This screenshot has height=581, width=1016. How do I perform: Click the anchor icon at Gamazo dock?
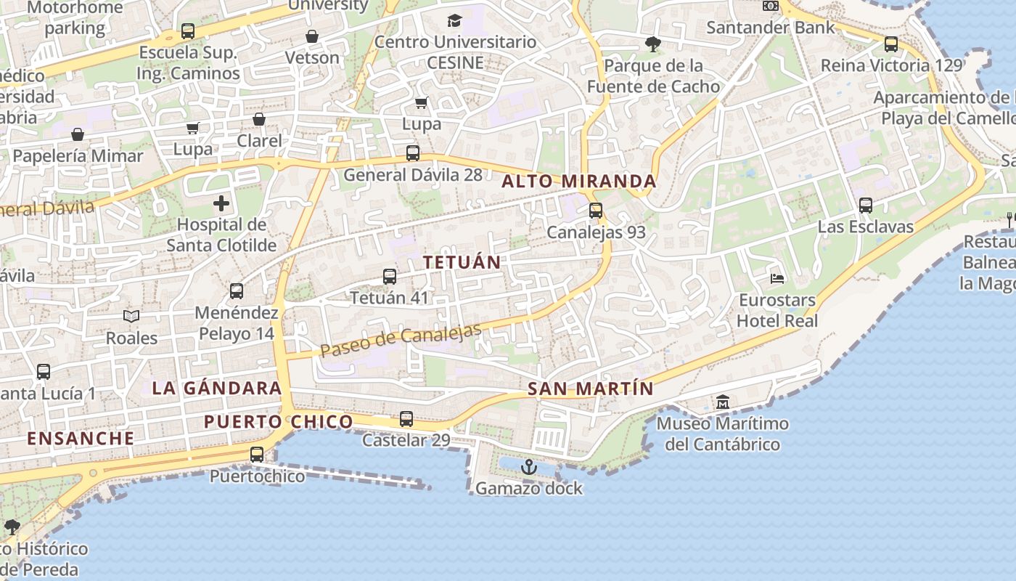click(528, 467)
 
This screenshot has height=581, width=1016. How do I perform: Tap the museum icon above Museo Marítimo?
click(723, 402)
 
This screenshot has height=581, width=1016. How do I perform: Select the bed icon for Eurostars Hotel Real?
click(777, 278)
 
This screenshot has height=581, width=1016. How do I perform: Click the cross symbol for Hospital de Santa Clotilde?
click(221, 203)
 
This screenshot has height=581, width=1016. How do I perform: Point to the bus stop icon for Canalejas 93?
click(596, 211)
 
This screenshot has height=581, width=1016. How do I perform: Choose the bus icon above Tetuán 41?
click(390, 277)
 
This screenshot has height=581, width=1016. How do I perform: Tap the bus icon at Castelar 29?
click(406, 419)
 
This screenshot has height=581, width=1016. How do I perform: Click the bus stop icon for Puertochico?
click(257, 455)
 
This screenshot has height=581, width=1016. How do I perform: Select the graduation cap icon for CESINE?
click(455, 20)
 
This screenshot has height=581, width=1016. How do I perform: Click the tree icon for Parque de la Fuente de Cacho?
click(653, 44)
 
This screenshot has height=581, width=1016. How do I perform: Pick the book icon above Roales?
click(131, 316)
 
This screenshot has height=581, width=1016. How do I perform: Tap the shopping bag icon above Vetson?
click(312, 36)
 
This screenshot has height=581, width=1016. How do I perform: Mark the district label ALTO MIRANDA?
click(579, 182)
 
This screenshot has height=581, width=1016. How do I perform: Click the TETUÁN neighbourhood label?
click(462, 263)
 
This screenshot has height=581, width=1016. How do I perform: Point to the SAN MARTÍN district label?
click(591, 389)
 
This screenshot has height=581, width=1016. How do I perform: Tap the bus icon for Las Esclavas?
click(866, 206)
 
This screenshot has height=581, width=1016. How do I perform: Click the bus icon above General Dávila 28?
click(413, 153)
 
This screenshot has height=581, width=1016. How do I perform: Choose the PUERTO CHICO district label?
click(279, 422)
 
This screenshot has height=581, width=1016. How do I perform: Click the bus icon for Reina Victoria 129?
click(891, 44)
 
